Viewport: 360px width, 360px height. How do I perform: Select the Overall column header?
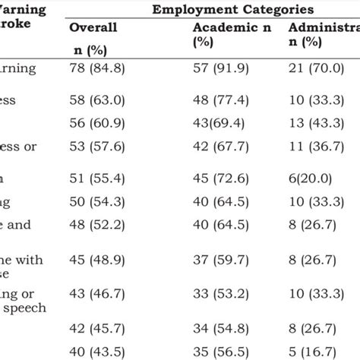93,27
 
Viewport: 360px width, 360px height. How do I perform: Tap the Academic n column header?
229,27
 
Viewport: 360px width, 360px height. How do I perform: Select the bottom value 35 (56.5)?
224,351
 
